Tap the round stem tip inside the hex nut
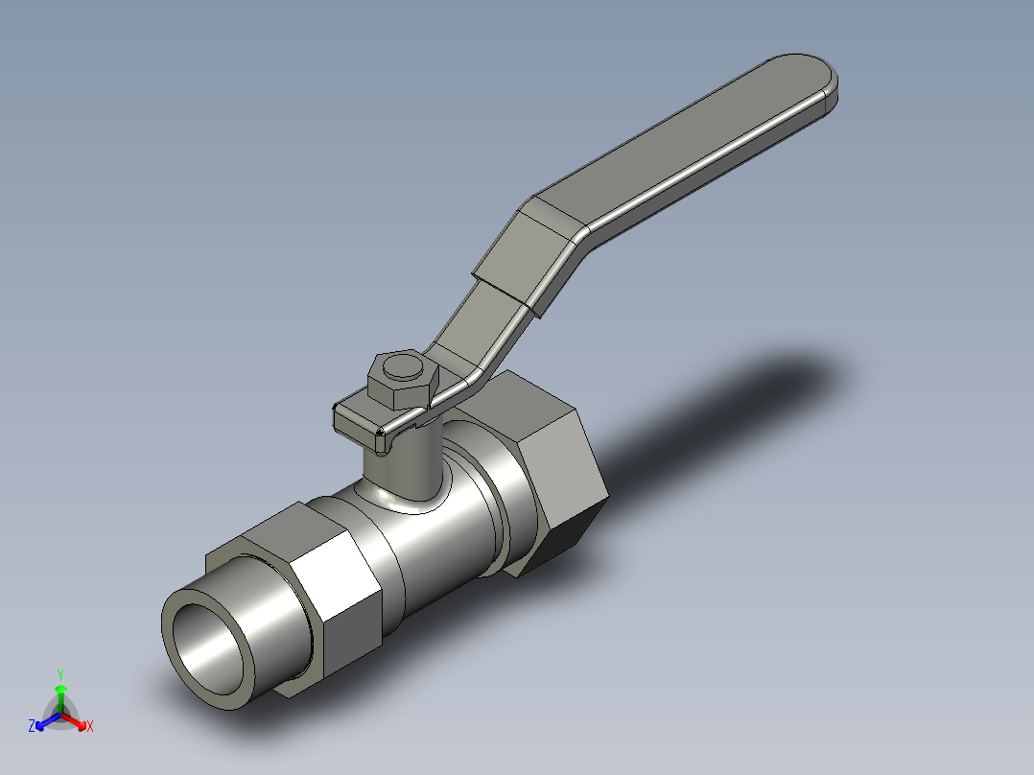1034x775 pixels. point(402,366)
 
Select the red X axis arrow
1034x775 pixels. point(74,720)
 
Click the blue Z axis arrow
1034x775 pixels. point(48,721)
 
